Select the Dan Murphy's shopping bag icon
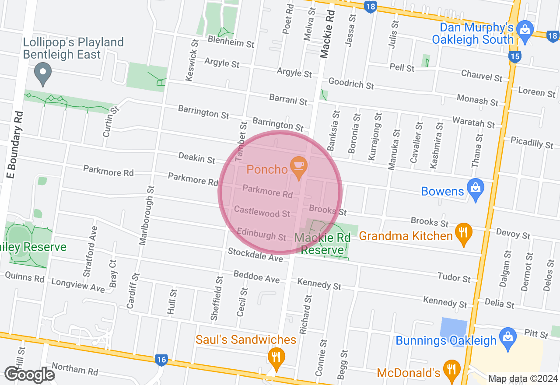523,30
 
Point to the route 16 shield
161,360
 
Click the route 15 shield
515,56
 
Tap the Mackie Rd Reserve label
322,244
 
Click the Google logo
29,374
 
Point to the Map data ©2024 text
523,379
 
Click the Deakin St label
197,157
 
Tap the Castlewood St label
262,211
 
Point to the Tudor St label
454,276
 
